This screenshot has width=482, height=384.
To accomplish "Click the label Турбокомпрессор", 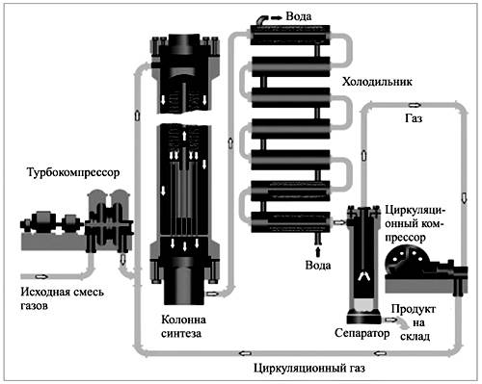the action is pos(73,172).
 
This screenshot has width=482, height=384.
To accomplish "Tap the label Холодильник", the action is pos(377,82).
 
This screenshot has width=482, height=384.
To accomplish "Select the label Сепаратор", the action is pos(362,333).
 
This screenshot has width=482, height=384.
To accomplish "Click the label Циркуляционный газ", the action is pos(309,368).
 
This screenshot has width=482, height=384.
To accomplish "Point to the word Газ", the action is pos(414,118).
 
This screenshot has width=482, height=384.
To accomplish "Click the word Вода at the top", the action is pos(299,16).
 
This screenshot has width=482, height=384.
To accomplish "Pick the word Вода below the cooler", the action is pos(318,266).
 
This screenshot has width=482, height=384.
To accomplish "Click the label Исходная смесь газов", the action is pos(62,298).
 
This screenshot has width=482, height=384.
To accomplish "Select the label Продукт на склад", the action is pos(414,322).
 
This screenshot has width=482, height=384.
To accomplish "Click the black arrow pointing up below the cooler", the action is pos(318,251).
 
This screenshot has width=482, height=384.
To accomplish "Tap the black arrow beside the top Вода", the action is pos(277,17).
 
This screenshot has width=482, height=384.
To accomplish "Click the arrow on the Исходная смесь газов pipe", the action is pos(41,276).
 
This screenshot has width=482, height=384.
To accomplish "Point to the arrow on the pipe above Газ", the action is pos(415,105).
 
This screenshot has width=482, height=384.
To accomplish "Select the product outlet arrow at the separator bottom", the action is pos(390,320).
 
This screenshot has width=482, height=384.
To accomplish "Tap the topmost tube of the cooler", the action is pos(290,35).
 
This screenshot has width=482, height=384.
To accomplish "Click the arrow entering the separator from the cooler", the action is pos(339,221).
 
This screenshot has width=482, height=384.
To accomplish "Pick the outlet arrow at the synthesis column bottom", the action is pos(211,294).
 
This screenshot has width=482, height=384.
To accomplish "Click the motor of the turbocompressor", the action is pos(42,221).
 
